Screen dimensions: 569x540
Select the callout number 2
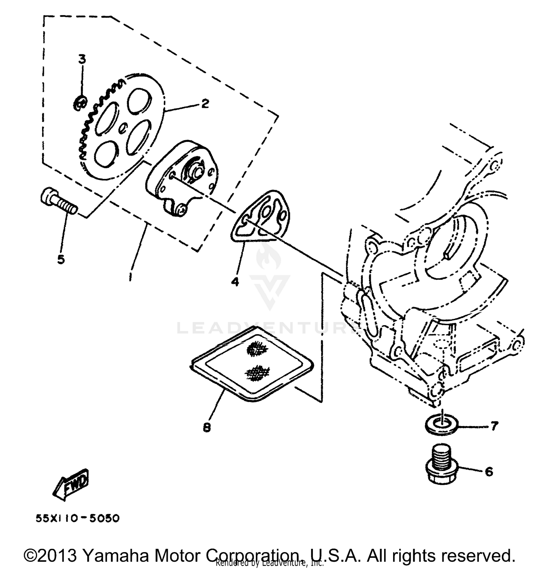204,104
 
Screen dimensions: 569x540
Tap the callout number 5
61,259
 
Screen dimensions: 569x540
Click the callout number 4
235,282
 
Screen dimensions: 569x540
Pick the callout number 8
207,427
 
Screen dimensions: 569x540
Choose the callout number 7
494,426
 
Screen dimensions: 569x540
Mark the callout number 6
489,471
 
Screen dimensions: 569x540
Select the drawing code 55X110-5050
77,519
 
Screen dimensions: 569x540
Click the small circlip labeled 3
80,103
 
